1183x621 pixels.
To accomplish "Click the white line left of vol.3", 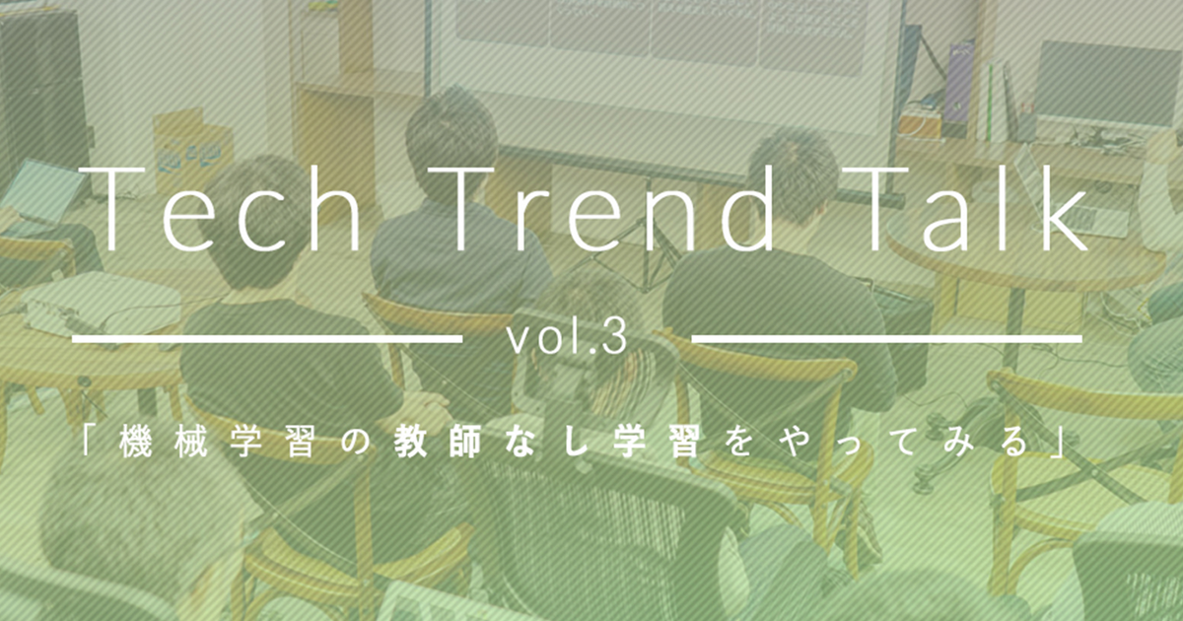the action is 267,338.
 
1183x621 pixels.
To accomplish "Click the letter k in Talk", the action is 1068,208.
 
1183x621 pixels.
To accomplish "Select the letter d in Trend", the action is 748,209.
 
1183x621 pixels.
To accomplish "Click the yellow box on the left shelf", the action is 191,148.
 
